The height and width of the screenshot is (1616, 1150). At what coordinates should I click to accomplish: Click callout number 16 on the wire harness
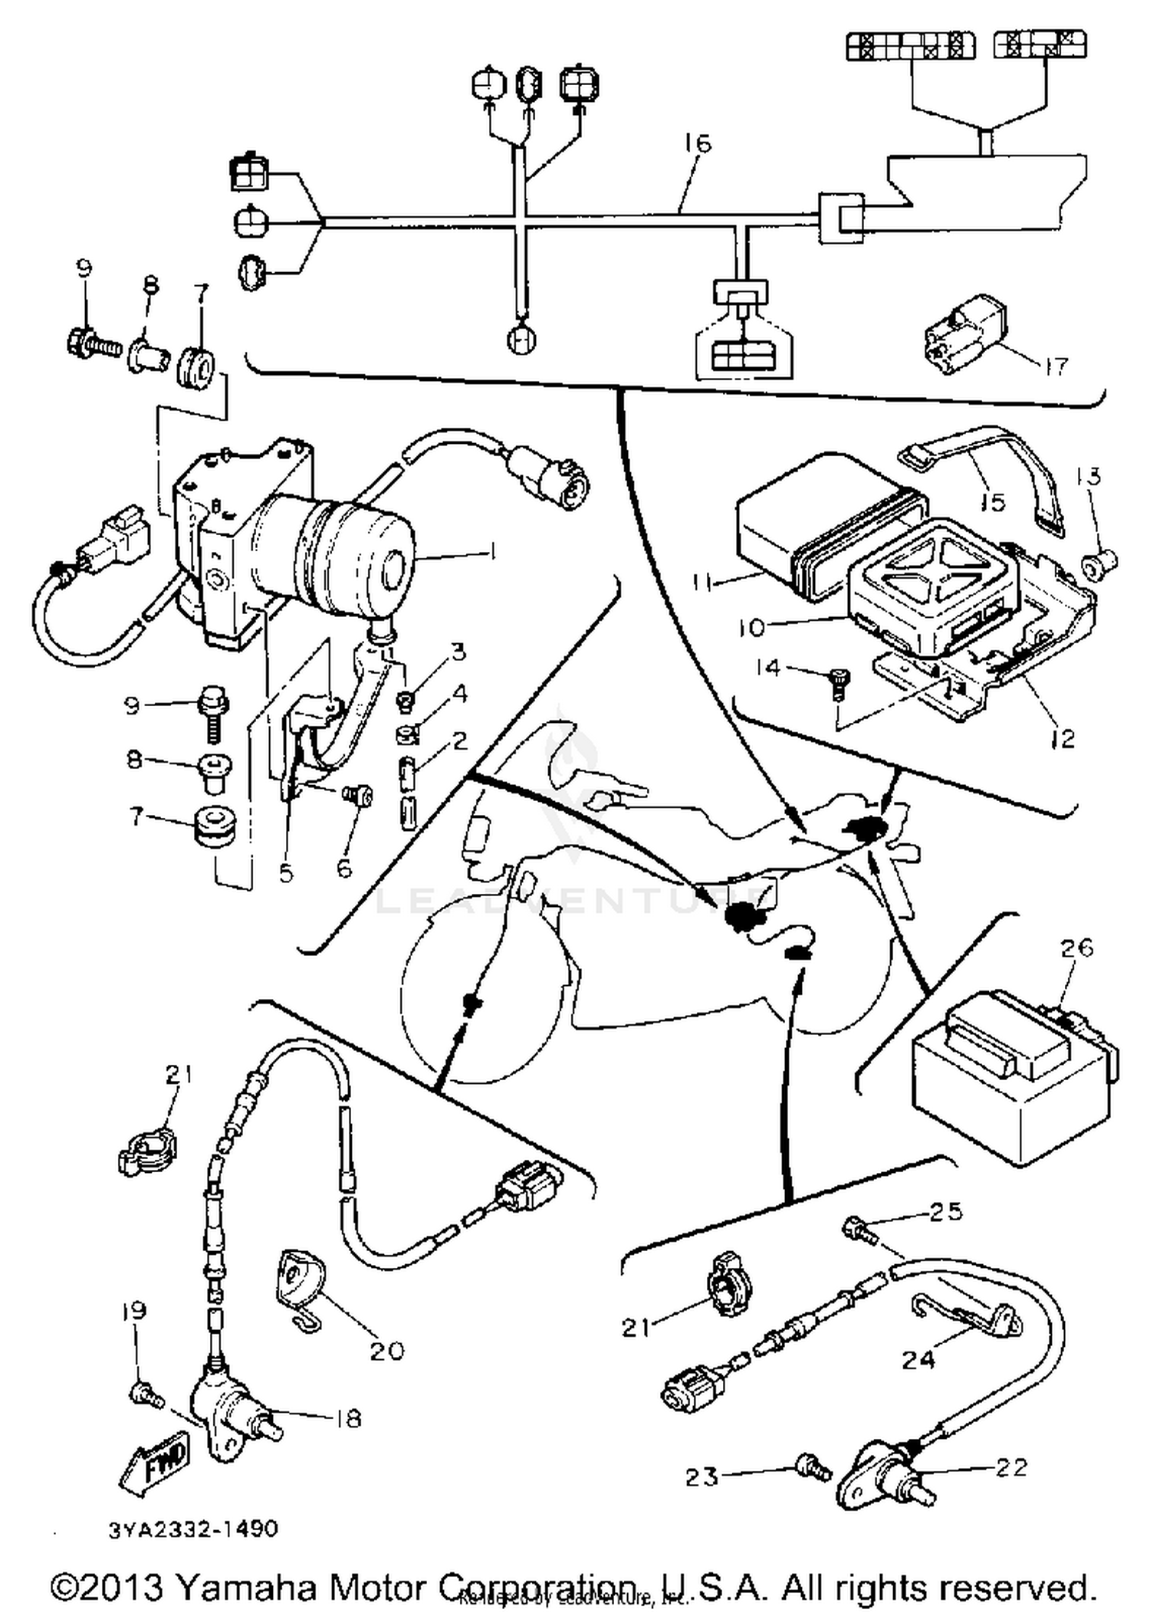tap(698, 143)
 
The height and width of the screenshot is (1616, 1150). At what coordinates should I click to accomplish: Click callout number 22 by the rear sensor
tap(1010, 1467)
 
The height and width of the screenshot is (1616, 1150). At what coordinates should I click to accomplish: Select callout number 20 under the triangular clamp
tap(386, 1351)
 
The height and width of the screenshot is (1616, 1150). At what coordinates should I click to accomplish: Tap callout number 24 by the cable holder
tap(918, 1359)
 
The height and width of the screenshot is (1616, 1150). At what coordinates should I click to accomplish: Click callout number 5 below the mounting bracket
tap(286, 872)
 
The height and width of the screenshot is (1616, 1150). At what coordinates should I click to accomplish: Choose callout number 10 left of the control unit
tap(752, 628)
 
